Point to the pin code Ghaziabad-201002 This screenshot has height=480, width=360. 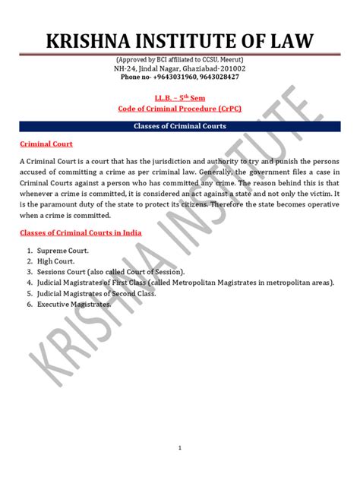pos(217,68)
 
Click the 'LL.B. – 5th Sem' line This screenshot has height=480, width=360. pos(180,99)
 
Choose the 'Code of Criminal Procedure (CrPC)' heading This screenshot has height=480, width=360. pos(180,109)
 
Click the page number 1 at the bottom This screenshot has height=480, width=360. pos(180,449)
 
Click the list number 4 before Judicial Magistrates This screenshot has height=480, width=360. pos(27,283)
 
